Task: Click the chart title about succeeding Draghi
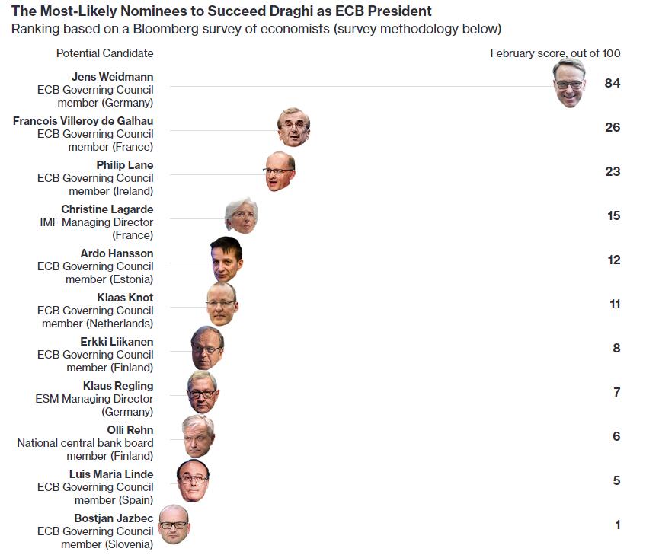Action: (221, 11)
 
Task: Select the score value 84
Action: (613, 83)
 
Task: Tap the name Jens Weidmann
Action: (112, 77)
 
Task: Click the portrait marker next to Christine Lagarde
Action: (242, 215)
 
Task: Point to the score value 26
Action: (613, 127)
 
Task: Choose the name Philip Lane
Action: (124, 165)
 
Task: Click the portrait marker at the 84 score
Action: (569, 83)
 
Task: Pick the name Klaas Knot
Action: (125, 298)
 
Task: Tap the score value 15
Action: (613, 215)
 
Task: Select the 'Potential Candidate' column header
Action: (104, 53)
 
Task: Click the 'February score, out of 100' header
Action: (555, 53)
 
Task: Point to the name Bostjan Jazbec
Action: (114, 518)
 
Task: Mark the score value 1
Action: (617, 525)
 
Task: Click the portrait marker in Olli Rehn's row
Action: (198, 435)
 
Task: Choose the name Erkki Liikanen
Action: (117, 342)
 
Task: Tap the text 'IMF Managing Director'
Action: (96, 222)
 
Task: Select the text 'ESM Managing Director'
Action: (94, 399)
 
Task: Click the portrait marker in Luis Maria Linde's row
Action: (193, 480)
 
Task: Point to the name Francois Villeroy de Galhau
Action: (83, 121)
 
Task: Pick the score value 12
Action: (613, 260)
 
